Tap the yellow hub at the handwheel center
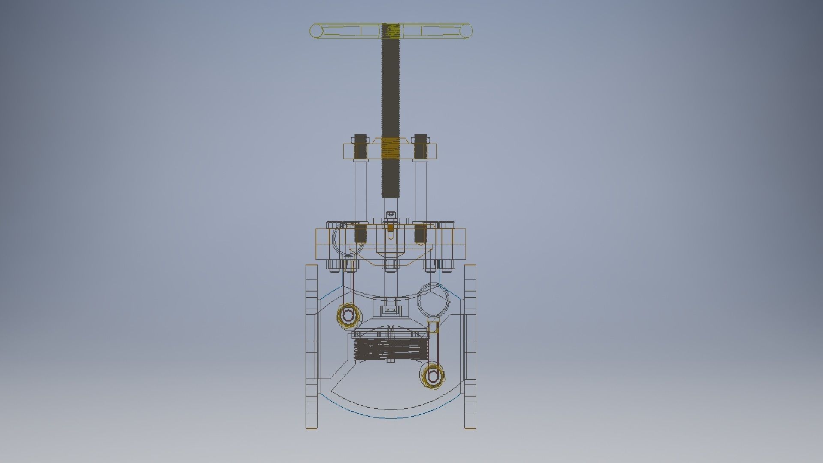391,30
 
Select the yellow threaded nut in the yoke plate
390,148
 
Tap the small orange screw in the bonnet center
390,234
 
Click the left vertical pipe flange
312,347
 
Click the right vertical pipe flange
470,347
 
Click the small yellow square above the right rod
433,328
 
